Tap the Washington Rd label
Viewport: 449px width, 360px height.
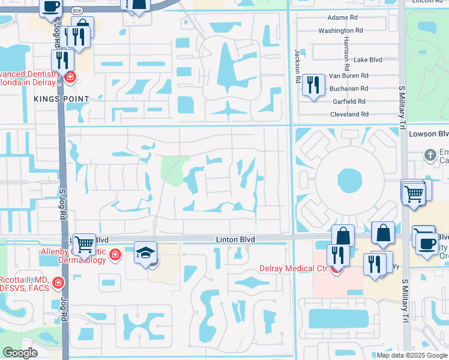click(340, 30)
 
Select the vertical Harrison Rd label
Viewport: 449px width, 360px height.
click(348, 48)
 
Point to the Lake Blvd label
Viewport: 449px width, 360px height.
click(367, 60)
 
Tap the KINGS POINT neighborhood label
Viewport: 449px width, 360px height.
click(61, 99)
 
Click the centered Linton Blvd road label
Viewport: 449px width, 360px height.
click(235, 239)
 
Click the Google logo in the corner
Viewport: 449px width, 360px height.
click(20, 353)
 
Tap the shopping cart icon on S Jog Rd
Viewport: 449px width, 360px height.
click(84, 243)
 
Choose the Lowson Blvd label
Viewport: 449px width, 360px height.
click(428, 134)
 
